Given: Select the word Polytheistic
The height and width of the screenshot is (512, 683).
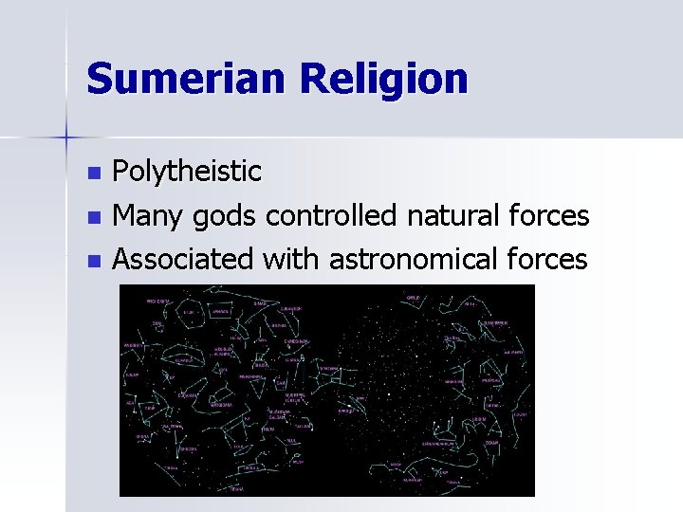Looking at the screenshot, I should (x=187, y=173).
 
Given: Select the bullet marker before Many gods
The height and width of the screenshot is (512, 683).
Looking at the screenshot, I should (x=93, y=218).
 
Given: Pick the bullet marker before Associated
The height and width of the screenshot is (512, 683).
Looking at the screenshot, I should (x=93, y=260).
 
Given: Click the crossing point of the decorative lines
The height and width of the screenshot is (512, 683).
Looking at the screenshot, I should (x=66, y=138).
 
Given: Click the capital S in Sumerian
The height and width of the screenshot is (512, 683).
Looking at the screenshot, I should (x=99, y=78).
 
